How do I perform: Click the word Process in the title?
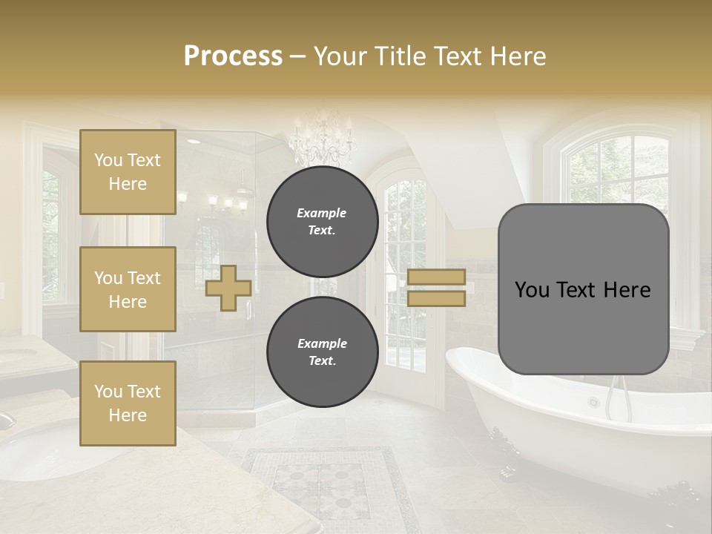(233, 56)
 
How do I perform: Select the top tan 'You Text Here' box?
(128, 172)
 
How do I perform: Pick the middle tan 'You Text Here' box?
(128, 289)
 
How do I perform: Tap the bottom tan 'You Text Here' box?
(128, 403)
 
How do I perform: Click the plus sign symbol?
(228, 288)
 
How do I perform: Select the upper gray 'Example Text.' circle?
(322, 222)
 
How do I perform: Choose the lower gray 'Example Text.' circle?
(322, 352)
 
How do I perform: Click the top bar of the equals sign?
(436, 277)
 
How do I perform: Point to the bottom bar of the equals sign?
(436, 298)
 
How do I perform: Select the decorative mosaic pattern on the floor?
(326, 482)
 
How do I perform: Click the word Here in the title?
(517, 56)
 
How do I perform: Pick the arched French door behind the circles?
(404, 282)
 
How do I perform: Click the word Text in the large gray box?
(576, 289)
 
